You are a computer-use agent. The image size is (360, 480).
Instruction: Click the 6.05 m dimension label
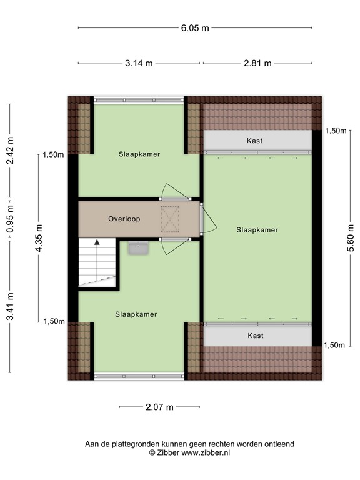tap(196, 28)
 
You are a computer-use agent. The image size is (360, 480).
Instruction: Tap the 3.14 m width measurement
tap(139, 63)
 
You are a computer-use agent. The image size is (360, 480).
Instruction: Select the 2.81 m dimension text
tap(257, 63)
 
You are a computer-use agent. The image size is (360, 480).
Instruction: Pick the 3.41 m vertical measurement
tap(10, 307)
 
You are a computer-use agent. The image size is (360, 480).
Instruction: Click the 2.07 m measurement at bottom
tap(159, 407)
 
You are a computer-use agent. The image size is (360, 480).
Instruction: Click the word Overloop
tap(124, 219)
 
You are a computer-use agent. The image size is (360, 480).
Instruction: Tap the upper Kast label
tap(255, 141)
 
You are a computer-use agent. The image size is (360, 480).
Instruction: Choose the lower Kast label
tap(255, 336)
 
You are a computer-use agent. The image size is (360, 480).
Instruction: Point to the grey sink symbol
tap(137, 249)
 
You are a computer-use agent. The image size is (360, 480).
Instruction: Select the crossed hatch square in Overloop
tap(170, 219)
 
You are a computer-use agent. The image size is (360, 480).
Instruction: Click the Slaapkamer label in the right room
tap(257, 230)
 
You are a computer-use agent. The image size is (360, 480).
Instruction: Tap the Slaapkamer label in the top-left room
tap(139, 154)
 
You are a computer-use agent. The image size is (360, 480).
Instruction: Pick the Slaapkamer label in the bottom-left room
tap(136, 314)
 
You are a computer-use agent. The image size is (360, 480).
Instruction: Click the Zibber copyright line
tap(189, 452)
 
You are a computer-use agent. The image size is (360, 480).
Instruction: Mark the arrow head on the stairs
tap(97, 242)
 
